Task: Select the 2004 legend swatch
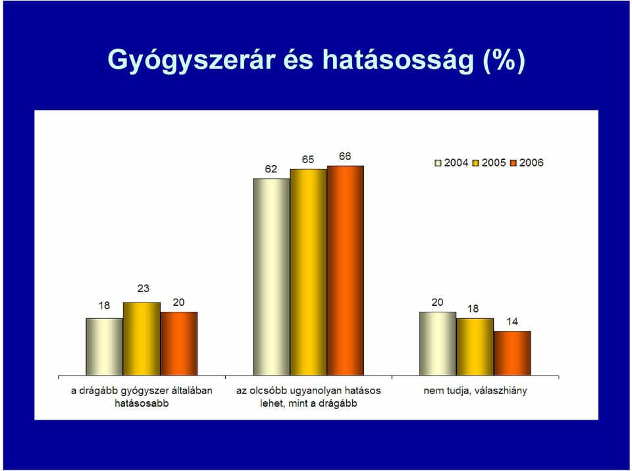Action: (x=438, y=163)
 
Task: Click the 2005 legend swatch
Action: (x=475, y=163)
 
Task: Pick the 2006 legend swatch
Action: (x=513, y=163)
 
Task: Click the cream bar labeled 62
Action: (x=271, y=277)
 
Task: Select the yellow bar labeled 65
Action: (x=308, y=272)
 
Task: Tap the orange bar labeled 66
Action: (x=346, y=271)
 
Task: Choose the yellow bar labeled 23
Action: (x=142, y=339)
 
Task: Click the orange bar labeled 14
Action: (x=512, y=353)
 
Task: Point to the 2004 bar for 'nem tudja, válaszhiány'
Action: (x=438, y=343)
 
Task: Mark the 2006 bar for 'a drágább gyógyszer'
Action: (x=179, y=343)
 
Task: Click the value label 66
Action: (x=345, y=157)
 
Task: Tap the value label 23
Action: (x=143, y=289)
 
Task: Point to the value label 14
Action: (x=512, y=322)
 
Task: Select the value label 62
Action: (x=271, y=169)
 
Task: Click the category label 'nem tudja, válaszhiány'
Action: (x=475, y=391)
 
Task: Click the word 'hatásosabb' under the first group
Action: (x=142, y=403)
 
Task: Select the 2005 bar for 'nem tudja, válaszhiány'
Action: (x=475, y=347)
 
